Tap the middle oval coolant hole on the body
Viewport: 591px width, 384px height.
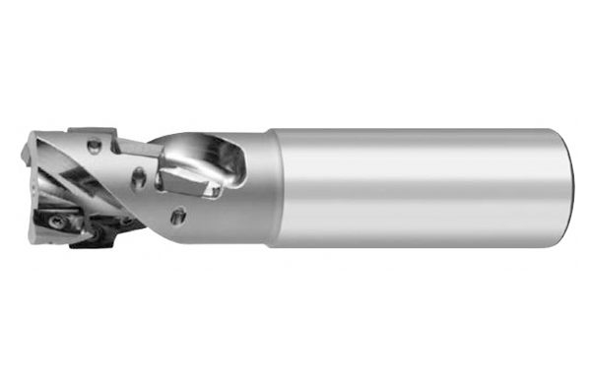point(140,180)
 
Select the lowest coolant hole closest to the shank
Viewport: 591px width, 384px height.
point(178,215)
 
